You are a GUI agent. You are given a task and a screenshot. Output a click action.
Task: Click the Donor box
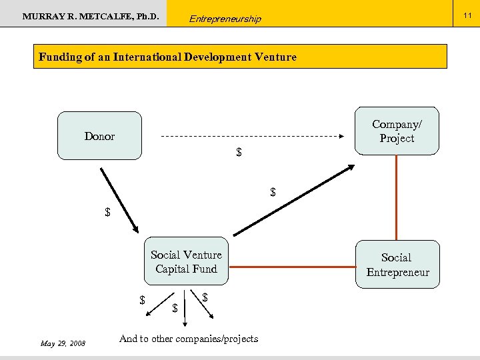tap(99, 136)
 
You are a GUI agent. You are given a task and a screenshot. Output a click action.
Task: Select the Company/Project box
tap(397, 131)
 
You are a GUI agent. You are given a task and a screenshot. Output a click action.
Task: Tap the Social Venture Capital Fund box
tap(186, 261)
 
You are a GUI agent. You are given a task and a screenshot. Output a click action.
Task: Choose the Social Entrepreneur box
tap(397, 265)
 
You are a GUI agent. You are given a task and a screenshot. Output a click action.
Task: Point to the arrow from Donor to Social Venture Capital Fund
tap(119, 199)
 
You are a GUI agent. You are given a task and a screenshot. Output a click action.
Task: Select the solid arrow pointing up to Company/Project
tap(293, 200)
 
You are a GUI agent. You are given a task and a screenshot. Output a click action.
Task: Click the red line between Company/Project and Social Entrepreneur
tap(397, 197)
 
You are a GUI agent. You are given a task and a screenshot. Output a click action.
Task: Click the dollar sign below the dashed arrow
tap(239, 153)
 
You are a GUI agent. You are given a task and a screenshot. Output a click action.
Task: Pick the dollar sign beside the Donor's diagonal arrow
tap(107, 213)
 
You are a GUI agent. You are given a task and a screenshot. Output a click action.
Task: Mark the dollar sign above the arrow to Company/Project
tap(273, 192)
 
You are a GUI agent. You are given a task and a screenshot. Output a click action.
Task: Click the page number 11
tap(467, 12)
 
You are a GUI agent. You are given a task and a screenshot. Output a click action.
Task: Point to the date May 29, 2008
tap(63, 343)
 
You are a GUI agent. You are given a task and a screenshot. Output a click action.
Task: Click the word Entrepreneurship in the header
tap(225, 19)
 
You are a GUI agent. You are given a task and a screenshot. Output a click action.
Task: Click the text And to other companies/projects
tap(189, 339)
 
